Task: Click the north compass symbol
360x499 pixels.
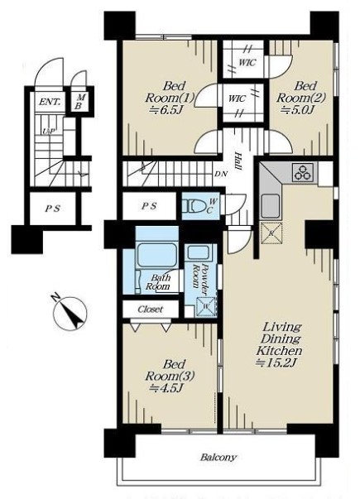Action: pos(70,312)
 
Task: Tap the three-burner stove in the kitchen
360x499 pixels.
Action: pos(303,173)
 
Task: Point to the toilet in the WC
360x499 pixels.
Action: pos(194,206)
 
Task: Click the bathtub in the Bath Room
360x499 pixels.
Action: pos(156,255)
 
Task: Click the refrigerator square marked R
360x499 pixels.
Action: pos(271,233)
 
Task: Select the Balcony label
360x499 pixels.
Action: pos(218,458)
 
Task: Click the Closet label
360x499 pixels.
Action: pos(151,309)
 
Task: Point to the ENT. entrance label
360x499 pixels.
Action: pos(50,102)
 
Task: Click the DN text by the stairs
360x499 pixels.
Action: pos(221,174)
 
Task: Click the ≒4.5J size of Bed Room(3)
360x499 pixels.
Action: pos(166,388)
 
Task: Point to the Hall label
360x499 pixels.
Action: pos(238,161)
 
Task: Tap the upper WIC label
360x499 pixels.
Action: pos(247,62)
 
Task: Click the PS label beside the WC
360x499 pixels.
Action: pos(149,207)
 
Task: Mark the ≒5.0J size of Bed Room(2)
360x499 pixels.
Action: pos(297,110)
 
